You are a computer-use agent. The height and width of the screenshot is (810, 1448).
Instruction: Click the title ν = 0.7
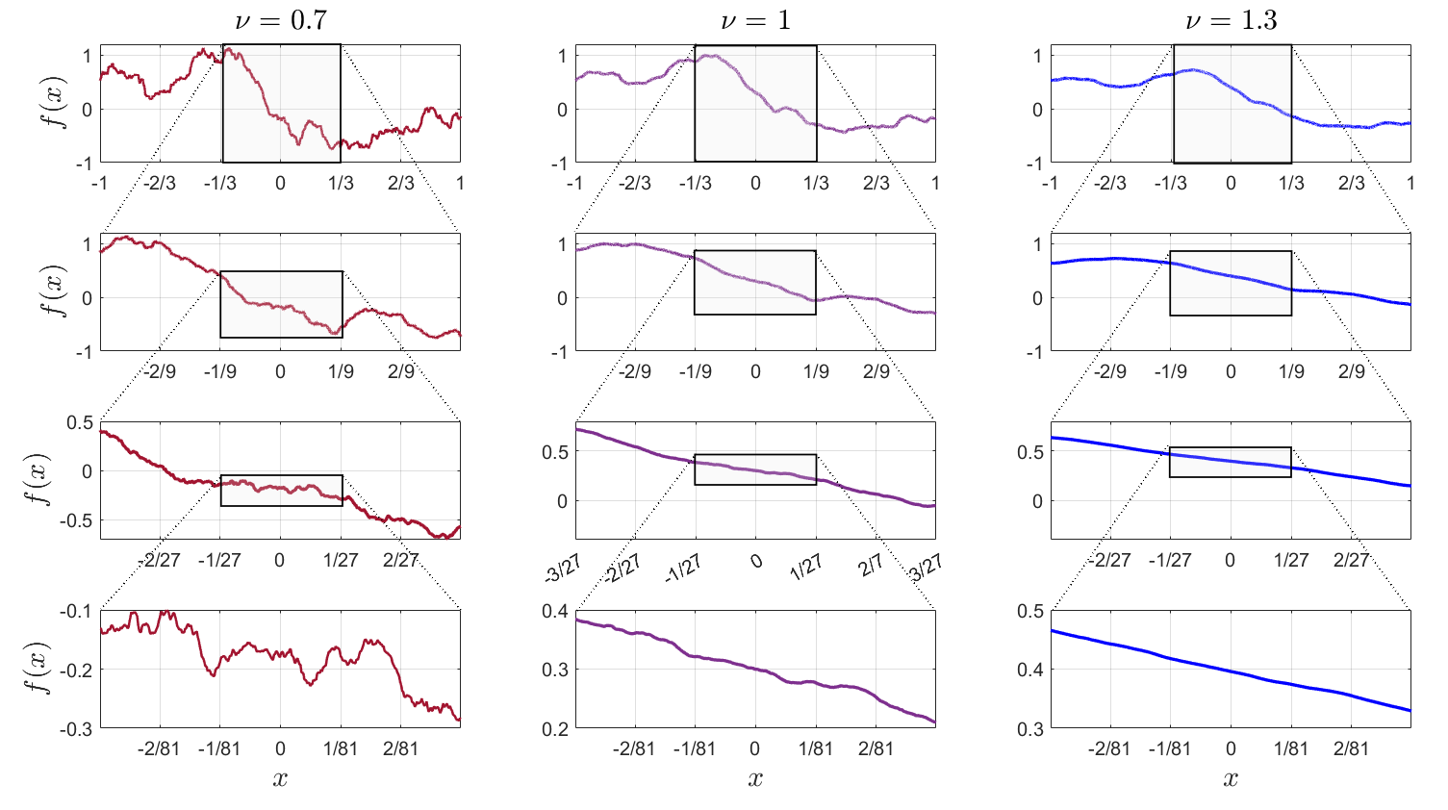(x=281, y=20)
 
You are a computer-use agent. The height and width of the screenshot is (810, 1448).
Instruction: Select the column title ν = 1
(x=755, y=20)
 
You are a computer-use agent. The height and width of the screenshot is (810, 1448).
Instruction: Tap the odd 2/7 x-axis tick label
(x=872, y=567)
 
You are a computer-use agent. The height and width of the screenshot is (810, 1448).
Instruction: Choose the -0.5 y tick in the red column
(x=78, y=520)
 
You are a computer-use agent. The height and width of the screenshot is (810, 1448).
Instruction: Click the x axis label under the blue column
(x=1231, y=778)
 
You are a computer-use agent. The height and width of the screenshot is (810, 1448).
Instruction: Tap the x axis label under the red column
(x=280, y=778)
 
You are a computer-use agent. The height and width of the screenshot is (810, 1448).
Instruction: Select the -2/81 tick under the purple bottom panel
(x=634, y=748)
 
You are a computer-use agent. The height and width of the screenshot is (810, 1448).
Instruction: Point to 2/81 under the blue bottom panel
(x=1351, y=748)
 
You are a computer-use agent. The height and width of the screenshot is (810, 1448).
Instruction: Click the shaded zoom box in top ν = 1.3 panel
(x=1232, y=104)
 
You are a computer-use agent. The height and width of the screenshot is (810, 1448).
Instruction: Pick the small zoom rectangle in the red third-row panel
(x=281, y=491)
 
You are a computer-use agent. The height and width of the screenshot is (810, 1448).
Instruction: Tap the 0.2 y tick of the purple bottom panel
(x=556, y=729)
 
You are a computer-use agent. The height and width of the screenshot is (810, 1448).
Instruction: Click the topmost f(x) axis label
(x=59, y=104)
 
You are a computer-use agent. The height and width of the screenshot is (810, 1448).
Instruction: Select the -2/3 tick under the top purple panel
(x=634, y=183)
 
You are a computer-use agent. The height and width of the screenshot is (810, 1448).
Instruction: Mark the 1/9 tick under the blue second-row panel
(x=1291, y=371)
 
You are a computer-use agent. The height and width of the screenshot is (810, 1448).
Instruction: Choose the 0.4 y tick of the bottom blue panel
(x=1031, y=670)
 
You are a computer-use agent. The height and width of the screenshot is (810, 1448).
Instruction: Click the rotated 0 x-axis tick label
(x=756, y=561)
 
